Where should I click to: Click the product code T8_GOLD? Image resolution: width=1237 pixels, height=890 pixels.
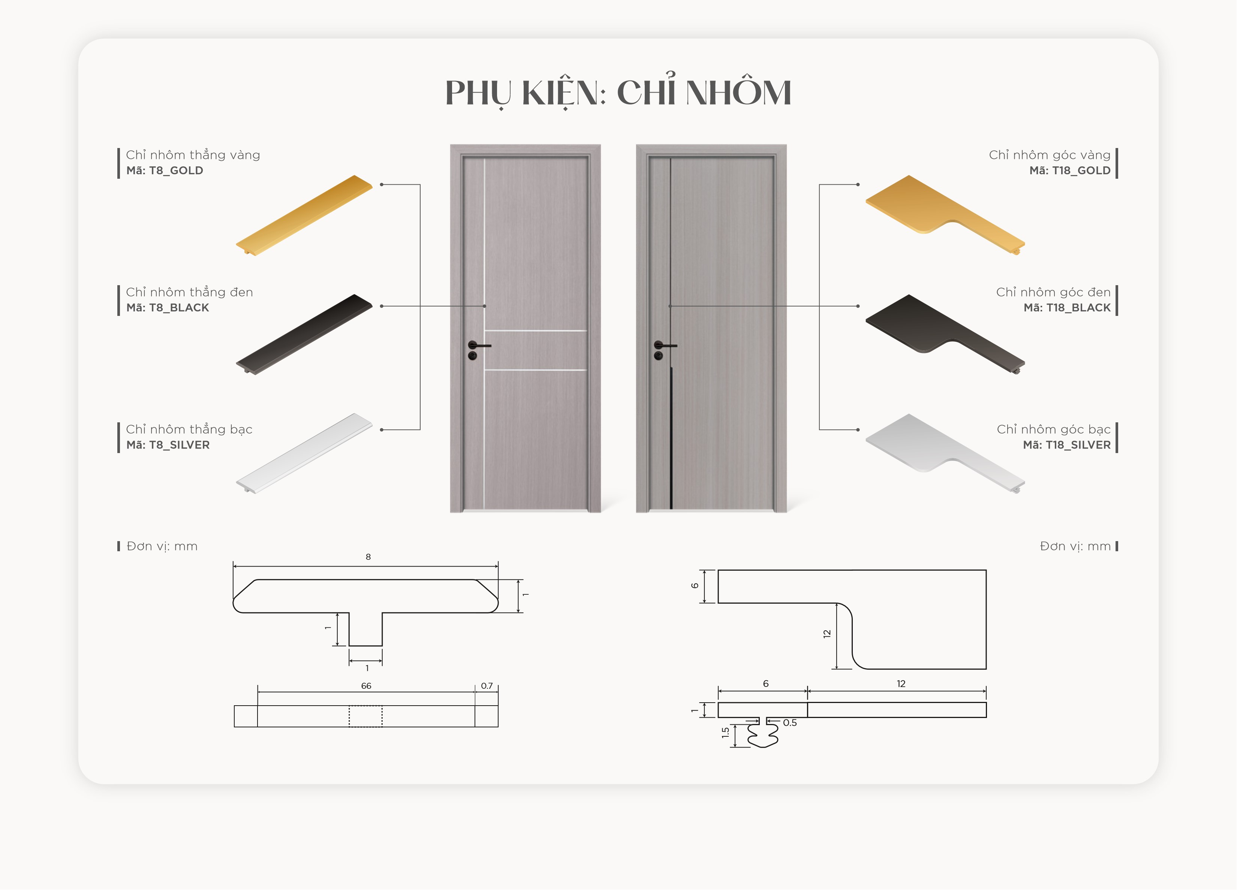point(176,170)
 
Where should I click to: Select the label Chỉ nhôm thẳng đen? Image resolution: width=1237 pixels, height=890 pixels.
point(189,292)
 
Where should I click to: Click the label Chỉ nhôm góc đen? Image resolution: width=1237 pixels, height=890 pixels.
point(1053,292)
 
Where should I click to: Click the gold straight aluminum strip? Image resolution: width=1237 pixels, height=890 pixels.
point(304,215)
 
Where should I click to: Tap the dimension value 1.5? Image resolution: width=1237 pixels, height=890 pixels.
point(725,733)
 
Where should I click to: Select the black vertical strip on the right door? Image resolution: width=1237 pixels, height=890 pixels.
point(671,438)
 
